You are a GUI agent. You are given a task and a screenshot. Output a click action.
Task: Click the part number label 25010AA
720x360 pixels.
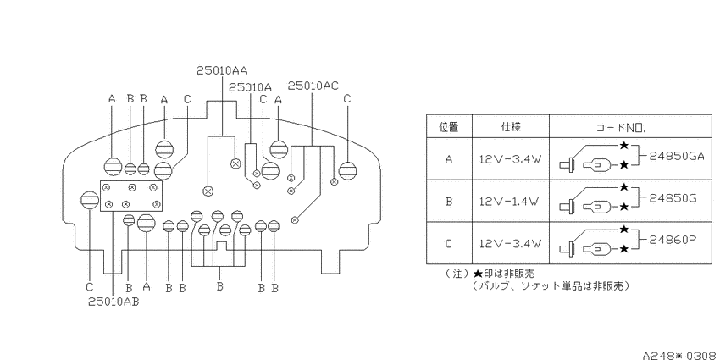pos(222,70)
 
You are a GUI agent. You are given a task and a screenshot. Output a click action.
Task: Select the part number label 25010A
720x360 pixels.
pos(250,87)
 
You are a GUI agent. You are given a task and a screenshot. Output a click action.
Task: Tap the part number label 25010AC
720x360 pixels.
pos(313,86)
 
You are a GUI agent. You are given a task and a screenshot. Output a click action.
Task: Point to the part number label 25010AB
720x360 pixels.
pos(114,302)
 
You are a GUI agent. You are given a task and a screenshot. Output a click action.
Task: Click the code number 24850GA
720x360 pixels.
pos(677,156)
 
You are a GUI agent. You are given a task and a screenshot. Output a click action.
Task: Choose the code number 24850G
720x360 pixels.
pos(673,198)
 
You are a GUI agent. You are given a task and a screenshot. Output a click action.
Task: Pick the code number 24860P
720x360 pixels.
pos(673,239)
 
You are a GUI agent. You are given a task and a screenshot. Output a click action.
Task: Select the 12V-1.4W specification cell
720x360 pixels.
pos(511,202)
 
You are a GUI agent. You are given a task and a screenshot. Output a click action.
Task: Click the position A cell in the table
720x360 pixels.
pos(449,159)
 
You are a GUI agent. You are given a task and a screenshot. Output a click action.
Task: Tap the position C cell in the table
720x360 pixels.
pos(449,243)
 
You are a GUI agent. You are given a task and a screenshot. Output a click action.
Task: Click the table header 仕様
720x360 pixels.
pos(511,127)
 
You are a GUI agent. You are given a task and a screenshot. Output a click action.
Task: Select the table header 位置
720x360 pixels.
pos(449,127)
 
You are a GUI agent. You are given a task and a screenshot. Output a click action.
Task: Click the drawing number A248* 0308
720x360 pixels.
pos(680,356)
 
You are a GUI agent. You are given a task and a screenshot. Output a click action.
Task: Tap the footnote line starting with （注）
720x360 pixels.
pos(490,274)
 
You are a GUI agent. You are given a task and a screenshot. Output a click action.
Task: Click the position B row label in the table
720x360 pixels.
pos(449,202)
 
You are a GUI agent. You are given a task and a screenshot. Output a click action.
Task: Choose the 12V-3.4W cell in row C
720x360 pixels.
pos(511,243)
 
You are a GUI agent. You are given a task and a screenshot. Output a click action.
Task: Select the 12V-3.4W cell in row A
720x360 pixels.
pos(511,159)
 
